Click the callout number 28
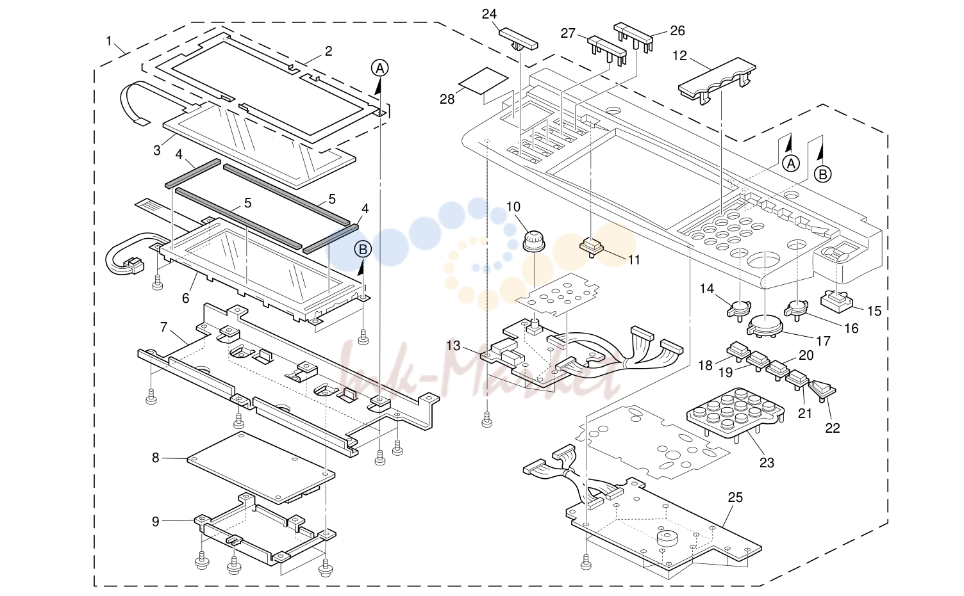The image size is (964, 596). [x=447, y=99]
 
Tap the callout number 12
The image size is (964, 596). [x=679, y=56]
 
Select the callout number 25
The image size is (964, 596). [x=735, y=497]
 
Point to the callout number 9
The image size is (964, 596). [x=155, y=521]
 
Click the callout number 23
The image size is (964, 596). [x=767, y=463]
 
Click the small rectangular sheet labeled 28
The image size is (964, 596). [x=483, y=81]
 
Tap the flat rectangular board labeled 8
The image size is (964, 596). [x=261, y=467]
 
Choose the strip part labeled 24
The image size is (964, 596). [x=518, y=40]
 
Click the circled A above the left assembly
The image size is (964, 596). [x=379, y=68]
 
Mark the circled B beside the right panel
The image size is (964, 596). [x=822, y=175]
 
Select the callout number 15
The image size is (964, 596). [x=874, y=310]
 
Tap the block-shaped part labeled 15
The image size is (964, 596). [x=836, y=300]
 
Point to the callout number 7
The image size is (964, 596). [x=163, y=327]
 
